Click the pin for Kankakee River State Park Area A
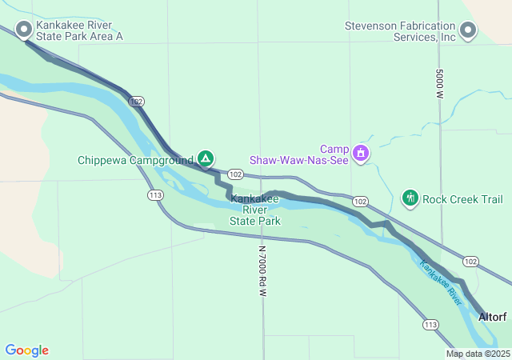24,30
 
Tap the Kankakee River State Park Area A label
79,30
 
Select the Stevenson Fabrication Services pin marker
469,30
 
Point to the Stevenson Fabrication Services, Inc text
400,31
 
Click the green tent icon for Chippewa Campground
206,158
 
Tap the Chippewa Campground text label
136,160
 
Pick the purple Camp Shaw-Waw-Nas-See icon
361,151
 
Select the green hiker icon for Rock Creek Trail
410,198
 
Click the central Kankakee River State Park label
254,210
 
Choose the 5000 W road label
440,83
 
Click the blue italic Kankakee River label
442,284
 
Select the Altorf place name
493,318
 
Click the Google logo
27,350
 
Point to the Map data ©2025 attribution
477,354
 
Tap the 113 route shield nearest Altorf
430,324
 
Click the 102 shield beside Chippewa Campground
235,174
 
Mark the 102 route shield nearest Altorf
470,261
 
